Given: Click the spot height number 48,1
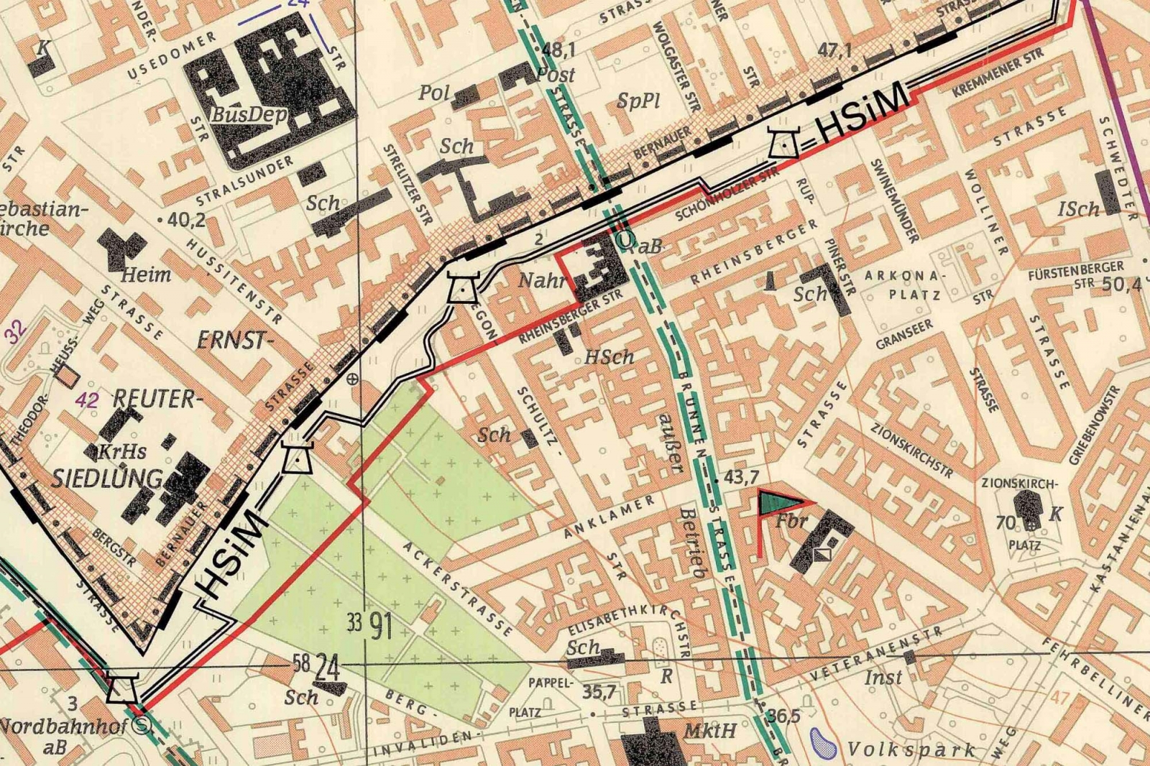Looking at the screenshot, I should [559, 50].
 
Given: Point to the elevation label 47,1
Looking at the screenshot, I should [834, 50].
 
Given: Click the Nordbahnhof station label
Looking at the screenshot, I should [65, 725].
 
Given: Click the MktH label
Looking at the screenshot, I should [709, 731].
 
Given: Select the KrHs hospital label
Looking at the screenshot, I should [121, 452].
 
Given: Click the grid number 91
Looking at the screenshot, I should [381, 627].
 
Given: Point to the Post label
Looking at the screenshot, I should [556, 74].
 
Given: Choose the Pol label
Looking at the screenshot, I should [434, 93].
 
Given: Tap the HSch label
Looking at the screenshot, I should [609, 356].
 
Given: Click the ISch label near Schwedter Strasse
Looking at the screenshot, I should [1078, 209].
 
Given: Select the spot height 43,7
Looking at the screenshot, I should [741, 476].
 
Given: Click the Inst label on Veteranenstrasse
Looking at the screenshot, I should [883, 677].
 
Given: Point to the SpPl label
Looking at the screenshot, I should [638, 101].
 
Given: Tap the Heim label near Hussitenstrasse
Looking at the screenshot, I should [146, 274].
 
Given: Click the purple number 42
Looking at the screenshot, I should [87, 400].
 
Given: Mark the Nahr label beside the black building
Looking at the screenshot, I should [542, 280].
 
